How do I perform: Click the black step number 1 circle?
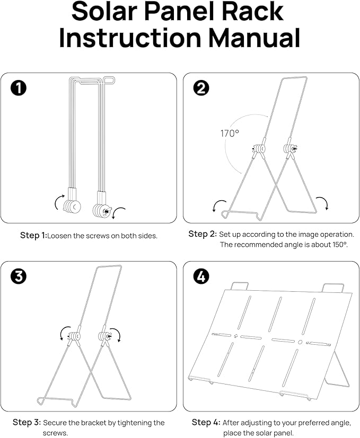point(20,88)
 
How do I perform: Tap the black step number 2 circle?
point(201,88)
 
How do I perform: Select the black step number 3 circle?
point(20,276)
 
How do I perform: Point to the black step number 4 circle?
point(201,276)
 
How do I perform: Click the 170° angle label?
point(230,133)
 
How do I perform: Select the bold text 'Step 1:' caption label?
point(33,235)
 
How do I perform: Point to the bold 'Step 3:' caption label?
point(26,423)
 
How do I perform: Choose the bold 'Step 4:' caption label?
point(206,422)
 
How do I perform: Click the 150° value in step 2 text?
point(337,245)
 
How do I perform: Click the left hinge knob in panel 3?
point(75,335)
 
